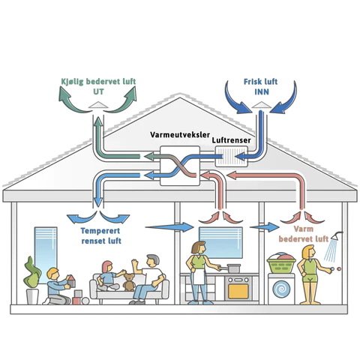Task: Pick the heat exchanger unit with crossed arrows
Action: pos(178,166)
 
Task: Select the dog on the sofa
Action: pos(130,283)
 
